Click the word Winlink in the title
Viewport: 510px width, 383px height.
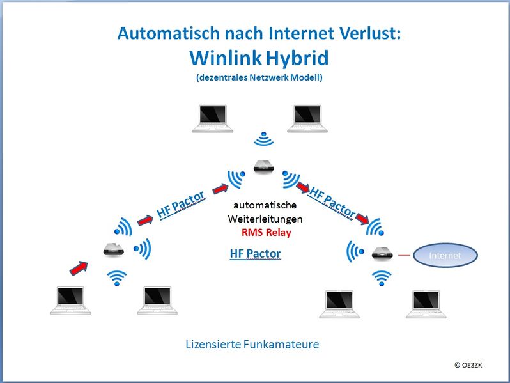click(226, 58)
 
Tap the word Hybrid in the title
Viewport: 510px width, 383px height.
click(297, 59)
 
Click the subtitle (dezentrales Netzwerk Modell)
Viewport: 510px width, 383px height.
click(259, 77)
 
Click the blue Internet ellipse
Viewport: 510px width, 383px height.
click(445, 256)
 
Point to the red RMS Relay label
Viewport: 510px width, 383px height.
click(267, 232)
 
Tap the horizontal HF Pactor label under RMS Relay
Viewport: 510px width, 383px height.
click(256, 253)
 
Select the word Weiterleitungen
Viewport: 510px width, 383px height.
click(265, 219)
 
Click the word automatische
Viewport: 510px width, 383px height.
click(265, 205)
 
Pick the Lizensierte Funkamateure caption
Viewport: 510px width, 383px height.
click(252, 344)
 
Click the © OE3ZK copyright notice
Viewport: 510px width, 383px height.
click(468, 365)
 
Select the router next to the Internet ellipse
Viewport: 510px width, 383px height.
click(382, 253)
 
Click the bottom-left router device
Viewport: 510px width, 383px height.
click(114, 249)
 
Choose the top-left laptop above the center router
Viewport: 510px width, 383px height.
click(212, 118)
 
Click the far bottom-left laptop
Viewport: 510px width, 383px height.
click(70, 301)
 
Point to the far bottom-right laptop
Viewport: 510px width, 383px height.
click(426, 304)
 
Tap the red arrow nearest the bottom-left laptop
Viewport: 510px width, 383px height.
click(79, 268)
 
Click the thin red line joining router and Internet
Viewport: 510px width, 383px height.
click(404, 255)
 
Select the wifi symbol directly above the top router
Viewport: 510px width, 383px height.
click(264, 138)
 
